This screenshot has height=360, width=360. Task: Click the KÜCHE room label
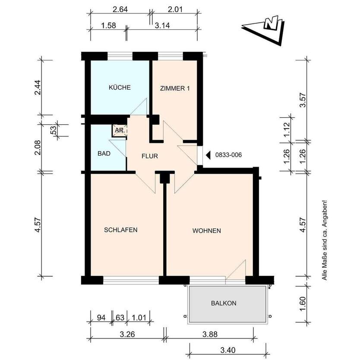[120, 88]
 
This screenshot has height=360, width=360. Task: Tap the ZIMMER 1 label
[175, 88]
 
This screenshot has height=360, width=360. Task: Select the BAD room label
[104, 153]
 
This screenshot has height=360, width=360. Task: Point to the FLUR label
[150, 156]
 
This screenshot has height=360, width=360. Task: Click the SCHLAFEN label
[121, 230]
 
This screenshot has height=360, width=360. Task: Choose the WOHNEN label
[207, 231]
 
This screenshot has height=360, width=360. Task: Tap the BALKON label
[224, 303]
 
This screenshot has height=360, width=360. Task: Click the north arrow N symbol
[272, 23]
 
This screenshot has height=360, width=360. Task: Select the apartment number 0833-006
[228, 155]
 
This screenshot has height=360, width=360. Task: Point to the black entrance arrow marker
[208, 155]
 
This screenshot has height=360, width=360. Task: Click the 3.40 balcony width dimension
[228, 350]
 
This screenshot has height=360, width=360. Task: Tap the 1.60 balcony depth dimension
[303, 303]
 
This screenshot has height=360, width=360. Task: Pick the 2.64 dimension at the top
[120, 9]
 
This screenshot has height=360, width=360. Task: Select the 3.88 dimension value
[210, 334]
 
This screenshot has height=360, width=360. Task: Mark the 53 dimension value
[53, 130]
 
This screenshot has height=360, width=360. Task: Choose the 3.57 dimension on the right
[303, 100]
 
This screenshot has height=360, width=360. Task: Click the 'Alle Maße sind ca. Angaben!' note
[325, 240]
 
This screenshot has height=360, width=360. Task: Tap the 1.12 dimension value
[287, 129]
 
